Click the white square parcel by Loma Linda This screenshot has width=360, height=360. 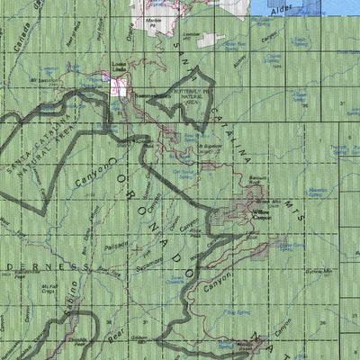coord(119,87)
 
